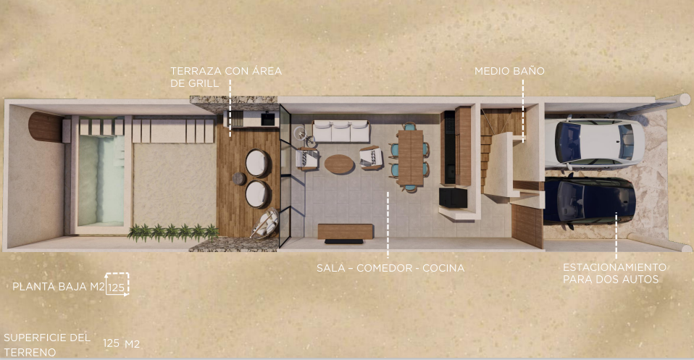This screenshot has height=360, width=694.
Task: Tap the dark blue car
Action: pyautogui.click(x=590, y=201)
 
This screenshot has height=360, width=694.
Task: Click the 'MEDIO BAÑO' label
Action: pyautogui.click(x=509, y=71)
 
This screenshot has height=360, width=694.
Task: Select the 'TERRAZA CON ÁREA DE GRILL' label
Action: pyautogui.click(x=226, y=77)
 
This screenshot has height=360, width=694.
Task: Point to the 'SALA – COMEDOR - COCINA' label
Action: pyautogui.click(x=390, y=268)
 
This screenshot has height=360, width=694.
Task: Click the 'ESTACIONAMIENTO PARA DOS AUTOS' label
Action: pyautogui.click(x=614, y=273)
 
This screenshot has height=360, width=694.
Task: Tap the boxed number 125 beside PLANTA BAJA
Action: pyautogui.click(x=117, y=288)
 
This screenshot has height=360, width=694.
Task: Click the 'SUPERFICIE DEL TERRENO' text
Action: pyautogui.click(x=47, y=345)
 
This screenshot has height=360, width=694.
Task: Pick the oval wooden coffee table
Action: pyautogui.click(x=339, y=164)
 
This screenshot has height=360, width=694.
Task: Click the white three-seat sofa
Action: pyautogui.click(x=340, y=131)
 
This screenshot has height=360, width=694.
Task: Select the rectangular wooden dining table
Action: pyautogui.click(x=410, y=157)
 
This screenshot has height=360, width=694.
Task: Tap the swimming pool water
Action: pyautogui.click(x=101, y=180)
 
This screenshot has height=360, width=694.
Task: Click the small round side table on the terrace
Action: pyautogui.click(x=239, y=178)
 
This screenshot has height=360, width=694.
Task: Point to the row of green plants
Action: pyautogui.click(x=173, y=232)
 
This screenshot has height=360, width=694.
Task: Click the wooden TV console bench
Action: pyautogui.click(x=346, y=231)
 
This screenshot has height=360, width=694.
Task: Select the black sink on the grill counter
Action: pyautogui.click(x=268, y=119)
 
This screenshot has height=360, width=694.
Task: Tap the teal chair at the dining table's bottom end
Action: pyautogui.click(x=410, y=188)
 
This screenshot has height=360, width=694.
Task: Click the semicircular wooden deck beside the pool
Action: pyautogui.click(x=46, y=127)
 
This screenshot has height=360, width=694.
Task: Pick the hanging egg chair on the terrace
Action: pyautogui.click(x=265, y=225)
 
